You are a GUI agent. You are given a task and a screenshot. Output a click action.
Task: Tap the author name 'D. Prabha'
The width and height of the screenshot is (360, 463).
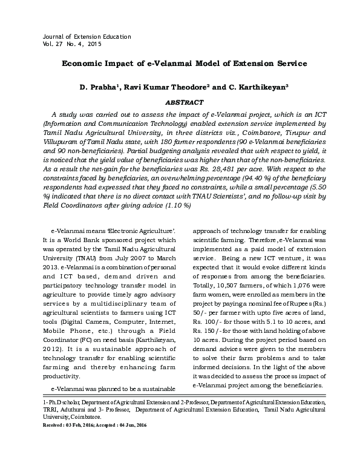101,88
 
